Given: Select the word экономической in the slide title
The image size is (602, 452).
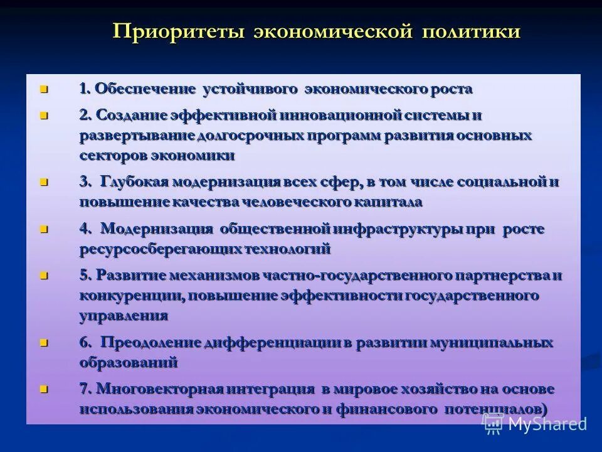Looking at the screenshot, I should pos(334,31).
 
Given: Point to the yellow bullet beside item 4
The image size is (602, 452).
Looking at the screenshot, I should pos(43,229).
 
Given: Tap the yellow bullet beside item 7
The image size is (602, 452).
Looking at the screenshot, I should pos(43,389).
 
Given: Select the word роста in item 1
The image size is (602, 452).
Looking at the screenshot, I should pos(451,89).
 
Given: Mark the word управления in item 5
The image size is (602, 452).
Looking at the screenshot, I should pos(124,316).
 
